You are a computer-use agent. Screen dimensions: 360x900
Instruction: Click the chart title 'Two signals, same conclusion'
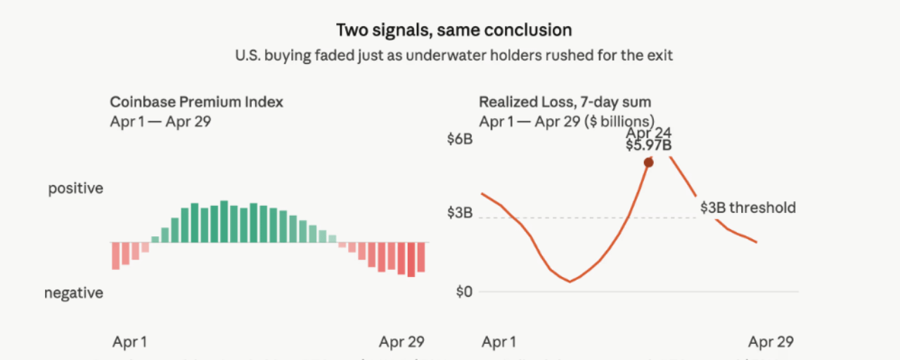click(x=454, y=30)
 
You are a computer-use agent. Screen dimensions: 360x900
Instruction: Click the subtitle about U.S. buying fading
click(x=454, y=55)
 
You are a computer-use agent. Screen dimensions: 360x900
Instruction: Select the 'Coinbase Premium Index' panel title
click(x=197, y=102)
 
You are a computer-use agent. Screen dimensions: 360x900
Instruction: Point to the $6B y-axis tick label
click(x=460, y=139)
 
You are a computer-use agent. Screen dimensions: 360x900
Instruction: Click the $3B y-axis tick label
click(x=460, y=213)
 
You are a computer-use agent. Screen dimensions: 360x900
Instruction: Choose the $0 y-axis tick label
click(x=463, y=292)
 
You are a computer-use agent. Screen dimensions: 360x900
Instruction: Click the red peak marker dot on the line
click(x=648, y=162)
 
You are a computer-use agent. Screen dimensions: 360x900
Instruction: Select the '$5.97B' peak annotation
click(x=648, y=146)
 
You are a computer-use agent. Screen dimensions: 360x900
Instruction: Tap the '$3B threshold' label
click(x=748, y=207)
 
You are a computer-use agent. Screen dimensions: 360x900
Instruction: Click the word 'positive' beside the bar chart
click(x=75, y=188)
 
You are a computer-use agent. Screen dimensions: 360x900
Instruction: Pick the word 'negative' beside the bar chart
click(x=74, y=292)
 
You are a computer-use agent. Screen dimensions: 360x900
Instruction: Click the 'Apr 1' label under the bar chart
click(x=129, y=342)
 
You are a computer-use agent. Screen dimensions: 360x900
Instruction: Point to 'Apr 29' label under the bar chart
click(x=401, y=342)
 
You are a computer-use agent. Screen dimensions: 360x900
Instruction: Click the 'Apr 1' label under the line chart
click(x=499, y=342)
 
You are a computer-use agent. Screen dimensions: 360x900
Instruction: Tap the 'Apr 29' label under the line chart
click(x=771, y=342)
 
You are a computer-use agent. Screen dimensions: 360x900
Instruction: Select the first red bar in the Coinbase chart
click(x=115, y=255)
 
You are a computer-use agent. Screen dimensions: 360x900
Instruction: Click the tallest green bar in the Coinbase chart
click(x=224, y=221)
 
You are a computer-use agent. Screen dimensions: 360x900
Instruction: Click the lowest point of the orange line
click(x=570, y=281)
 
